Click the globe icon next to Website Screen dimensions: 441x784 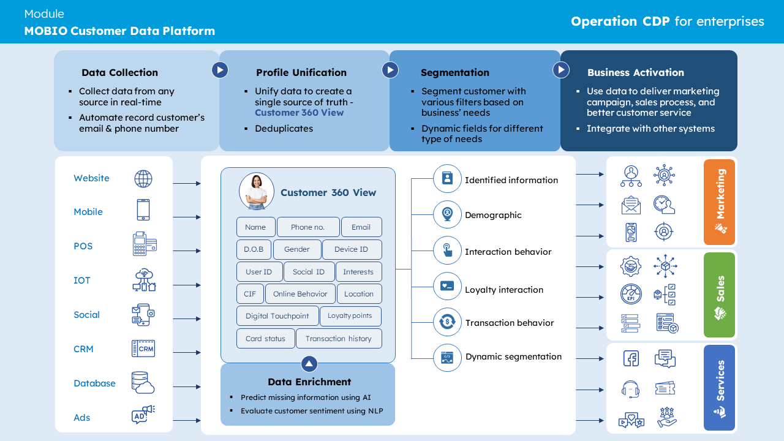click(143, 179)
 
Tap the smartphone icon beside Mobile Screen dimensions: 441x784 click(143, 210)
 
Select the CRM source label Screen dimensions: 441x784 click(83, 349)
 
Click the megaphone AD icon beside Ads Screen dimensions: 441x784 click(143, 415)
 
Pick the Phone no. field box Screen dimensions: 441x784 click(308, 227)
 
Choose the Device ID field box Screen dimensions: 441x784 click(351, 249)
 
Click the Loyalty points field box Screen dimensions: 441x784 click(350, 316)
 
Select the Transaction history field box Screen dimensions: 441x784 click(339, 339)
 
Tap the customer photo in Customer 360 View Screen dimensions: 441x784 click(257, 190)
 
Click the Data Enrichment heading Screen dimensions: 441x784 click(309, 382)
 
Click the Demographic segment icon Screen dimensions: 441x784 click(447, 214)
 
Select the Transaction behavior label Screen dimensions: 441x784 click(510, 323)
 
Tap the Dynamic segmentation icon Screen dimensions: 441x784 click(447, 358)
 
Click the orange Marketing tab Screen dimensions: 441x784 click(719, 202)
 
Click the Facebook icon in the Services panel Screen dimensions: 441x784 click(631, 358)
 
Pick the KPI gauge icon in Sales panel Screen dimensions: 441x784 click(631, 294)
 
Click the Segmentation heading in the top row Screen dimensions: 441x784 click(455, 72)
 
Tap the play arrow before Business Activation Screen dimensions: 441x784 click(561, 70)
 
